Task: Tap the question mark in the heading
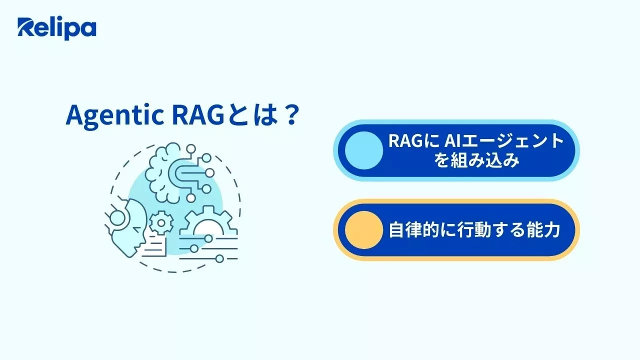287,116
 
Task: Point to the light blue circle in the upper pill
360,150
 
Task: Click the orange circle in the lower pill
360,230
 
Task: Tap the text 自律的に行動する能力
474,230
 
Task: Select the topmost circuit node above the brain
190,148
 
